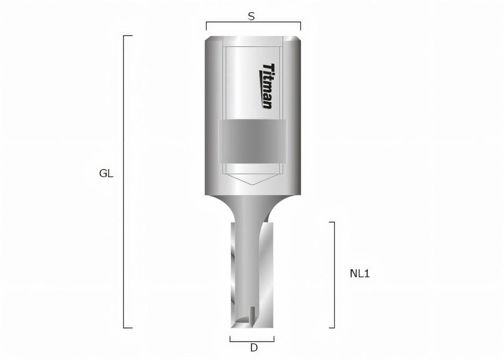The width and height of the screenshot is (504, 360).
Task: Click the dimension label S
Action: tap(251, 16)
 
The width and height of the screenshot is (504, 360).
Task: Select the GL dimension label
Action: tap(106, 174)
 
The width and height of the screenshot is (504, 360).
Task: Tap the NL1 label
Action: tap(360, 274)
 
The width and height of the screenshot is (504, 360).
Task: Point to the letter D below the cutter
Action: tap(254, 348)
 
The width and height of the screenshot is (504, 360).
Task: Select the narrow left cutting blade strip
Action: tap(234, 272)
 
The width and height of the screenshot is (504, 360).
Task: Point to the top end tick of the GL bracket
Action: tap(128, 36)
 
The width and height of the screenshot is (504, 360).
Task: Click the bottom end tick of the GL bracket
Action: tap(128, 328)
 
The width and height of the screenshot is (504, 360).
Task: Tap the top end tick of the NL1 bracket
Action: tap(332, 222)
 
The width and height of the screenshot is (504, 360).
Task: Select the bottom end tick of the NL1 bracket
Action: tap(332, 328)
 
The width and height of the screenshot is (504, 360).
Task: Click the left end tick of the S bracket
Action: tap(206, 26)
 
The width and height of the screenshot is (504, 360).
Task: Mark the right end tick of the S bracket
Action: tap(300, 26)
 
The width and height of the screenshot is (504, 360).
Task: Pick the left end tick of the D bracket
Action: tap(230, 338)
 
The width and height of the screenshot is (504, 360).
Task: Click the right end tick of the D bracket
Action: tap(274, 338)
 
